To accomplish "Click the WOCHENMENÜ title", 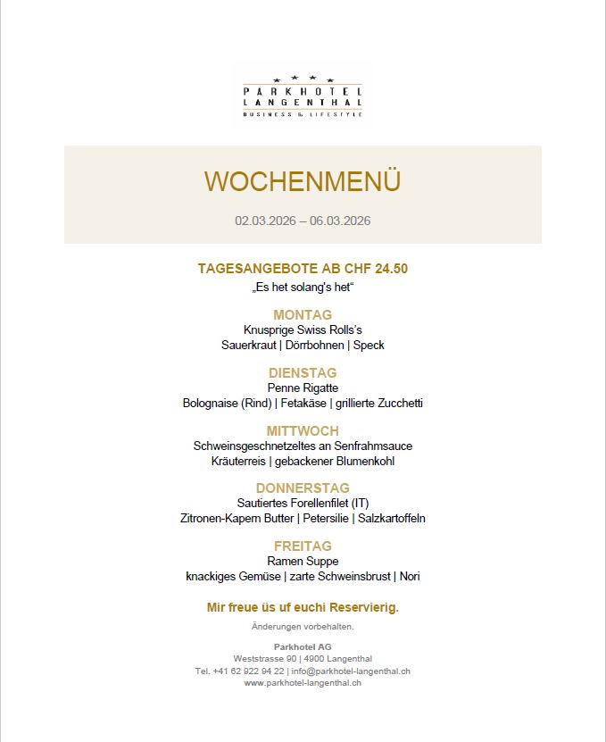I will [x=303, y=181].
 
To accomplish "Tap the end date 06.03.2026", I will [x=340, y=221].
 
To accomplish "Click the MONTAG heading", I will [x=303, y=314].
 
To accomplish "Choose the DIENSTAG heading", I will [x=303, y=372].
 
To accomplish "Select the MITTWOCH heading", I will [x=303, y=431].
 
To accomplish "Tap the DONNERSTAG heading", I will [x=303, y=488].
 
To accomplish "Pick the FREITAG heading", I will [x=303, y=546].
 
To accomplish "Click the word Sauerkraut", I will [x=251, y=345].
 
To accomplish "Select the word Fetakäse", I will [x=303, y=403].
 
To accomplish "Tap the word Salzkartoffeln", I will [x=392, y=518].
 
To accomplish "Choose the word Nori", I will [x=410, y=576].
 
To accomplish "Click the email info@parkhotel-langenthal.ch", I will [x=351, y=671].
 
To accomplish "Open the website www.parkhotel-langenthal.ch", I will [x=303, y=683].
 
